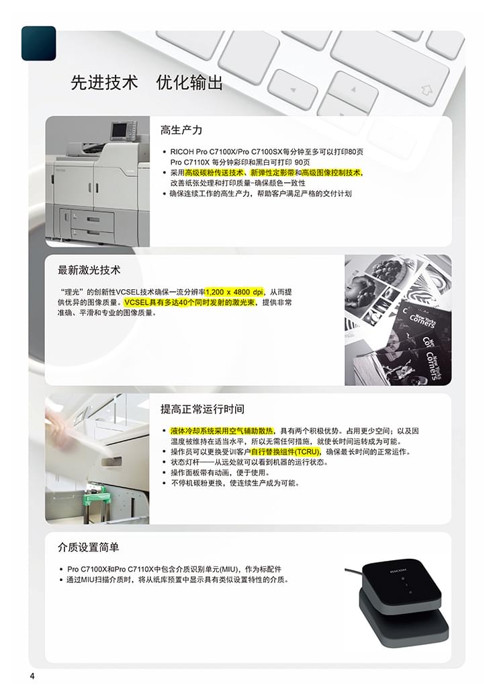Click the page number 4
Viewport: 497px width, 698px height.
(x=32, y=676)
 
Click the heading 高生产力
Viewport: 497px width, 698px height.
(x=181, y=130)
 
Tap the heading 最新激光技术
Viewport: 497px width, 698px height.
(x=89, y=270)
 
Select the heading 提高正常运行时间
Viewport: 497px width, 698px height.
(x=202, y=409)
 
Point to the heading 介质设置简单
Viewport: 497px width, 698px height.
(x=89, y=547)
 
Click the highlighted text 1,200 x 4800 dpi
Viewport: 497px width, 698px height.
(x=234, y=292)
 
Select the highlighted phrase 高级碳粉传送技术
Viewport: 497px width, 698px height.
(x=214, y=173)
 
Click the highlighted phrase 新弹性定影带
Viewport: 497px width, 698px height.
(x=273, y=173)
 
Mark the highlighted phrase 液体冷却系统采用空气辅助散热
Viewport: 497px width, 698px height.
(x=222, y=431)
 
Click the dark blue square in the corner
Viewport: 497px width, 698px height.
(x=39, y=43)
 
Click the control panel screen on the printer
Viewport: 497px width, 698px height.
(x=119, y=130)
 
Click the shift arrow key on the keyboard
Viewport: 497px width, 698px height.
(x=426, y=91)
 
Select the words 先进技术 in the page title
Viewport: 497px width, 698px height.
(x=105, y=83)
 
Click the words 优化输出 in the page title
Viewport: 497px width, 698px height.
(x=189, y=83)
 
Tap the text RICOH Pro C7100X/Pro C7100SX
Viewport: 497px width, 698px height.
(x=227, y=152)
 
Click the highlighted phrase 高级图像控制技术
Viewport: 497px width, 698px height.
(x=332, y=173)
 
